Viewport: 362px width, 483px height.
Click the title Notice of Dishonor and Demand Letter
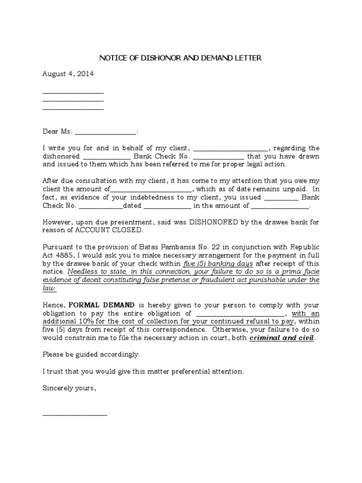(180, 58)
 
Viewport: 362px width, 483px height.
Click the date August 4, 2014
(68, 74)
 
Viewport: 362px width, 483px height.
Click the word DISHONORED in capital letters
(214, 222)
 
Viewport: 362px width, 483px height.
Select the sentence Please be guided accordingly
(91, 354)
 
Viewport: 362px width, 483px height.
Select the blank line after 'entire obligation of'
(240, 314)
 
